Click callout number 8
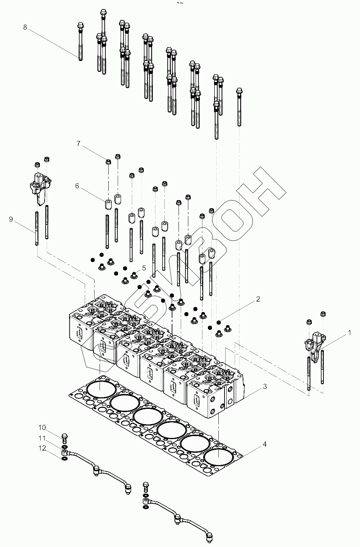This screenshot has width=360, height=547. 25,27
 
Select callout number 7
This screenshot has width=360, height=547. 78,144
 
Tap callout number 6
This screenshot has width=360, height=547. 77,186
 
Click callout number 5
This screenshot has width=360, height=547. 144,268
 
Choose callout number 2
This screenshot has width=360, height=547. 258,299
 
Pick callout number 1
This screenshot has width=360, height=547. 349,332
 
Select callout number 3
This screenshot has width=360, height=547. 265,387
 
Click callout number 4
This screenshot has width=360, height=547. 265,444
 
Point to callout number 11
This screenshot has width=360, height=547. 43,438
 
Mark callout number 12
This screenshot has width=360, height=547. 43,448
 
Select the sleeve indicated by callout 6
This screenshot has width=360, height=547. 108,204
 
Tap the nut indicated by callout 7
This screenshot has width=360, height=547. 108,161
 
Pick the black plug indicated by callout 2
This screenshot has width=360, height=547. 219,322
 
